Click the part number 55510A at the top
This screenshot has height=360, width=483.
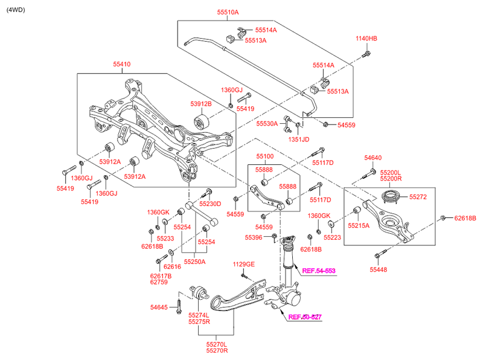pyautogui.click(x=228, y=12)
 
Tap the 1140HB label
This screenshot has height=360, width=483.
pyautogui.click(x=366, y=39)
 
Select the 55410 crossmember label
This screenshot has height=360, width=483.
pyautogui.click(x=121, y=63)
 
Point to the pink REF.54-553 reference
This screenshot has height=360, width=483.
pyautogui.click(x=319, y=271)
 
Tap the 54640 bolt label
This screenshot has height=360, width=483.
pyautogui.click(x=373, y=158)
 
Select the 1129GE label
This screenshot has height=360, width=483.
pyautogui.click(x=245, y=264)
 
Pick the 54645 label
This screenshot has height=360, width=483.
pyautogui.click(x=160, y=308)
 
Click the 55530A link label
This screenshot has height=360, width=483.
pyautogui.click(x=266, y=123)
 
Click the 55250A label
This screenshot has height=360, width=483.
pyautogui.click(x=195, y=262)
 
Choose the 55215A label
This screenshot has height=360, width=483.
pyautogui.click(x=358, y=225)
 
